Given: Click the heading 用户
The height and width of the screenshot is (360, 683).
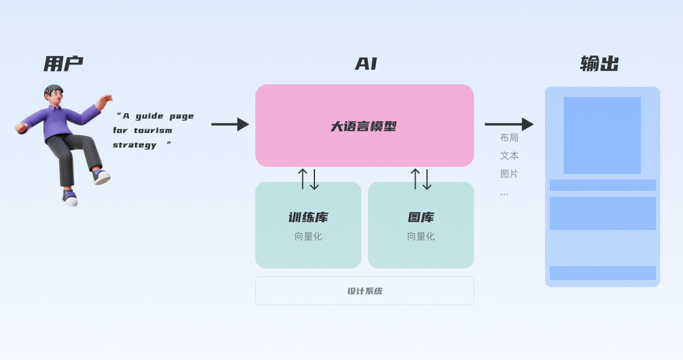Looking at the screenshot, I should point(63,64).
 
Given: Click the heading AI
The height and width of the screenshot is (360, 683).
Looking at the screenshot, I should point(366,64).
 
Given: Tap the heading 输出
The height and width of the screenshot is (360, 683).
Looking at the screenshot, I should point(599,64).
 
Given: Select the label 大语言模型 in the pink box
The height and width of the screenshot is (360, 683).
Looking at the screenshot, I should point(364,126).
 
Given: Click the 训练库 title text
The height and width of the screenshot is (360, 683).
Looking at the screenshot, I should point(308,217).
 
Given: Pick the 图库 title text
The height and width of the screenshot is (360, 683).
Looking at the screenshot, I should point(420,217).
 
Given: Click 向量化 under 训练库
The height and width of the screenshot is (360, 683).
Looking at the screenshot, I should point(308,237).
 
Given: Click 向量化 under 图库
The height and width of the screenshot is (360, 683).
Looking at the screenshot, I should point(420,237).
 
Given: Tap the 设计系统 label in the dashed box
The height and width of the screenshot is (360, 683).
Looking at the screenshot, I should point(364,291).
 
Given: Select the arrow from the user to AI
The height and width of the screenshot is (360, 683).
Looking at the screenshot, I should point(230,125).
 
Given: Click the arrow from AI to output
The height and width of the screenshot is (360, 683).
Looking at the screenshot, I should point(509,125).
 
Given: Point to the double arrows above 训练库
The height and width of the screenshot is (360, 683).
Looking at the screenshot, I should point(308,179).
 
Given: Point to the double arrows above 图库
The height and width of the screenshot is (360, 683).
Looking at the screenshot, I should point(421,179).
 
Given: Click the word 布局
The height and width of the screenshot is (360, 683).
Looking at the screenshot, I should point(509,138).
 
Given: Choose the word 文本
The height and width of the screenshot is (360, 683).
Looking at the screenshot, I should point(509,156).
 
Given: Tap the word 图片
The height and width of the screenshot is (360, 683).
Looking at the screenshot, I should point(509,174).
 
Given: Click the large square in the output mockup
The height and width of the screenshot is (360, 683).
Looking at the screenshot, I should point(602,135).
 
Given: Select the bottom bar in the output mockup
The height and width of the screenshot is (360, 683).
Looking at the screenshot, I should point(602,273).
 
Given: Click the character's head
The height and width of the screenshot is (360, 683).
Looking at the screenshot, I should point(54,94).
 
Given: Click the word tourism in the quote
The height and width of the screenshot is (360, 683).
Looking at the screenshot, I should point(153,131).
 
